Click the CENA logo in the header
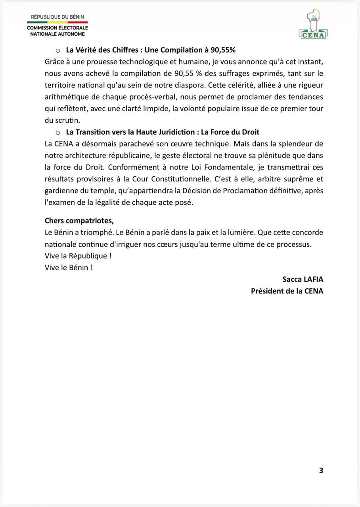[x=313, y=25]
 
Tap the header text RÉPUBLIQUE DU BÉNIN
[x=57, y=17]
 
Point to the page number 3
[x=321, y=471]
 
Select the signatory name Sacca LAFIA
[x=303, y=279]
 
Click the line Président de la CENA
[x=287, y=291]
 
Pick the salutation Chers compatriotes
[x=79, y=221]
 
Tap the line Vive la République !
[x=78, y=256]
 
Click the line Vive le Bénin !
[x=69, y=267]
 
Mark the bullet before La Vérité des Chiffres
[x=57, y=50]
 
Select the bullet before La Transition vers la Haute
[x=57, y=132]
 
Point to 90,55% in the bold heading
[x=223, y=50]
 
